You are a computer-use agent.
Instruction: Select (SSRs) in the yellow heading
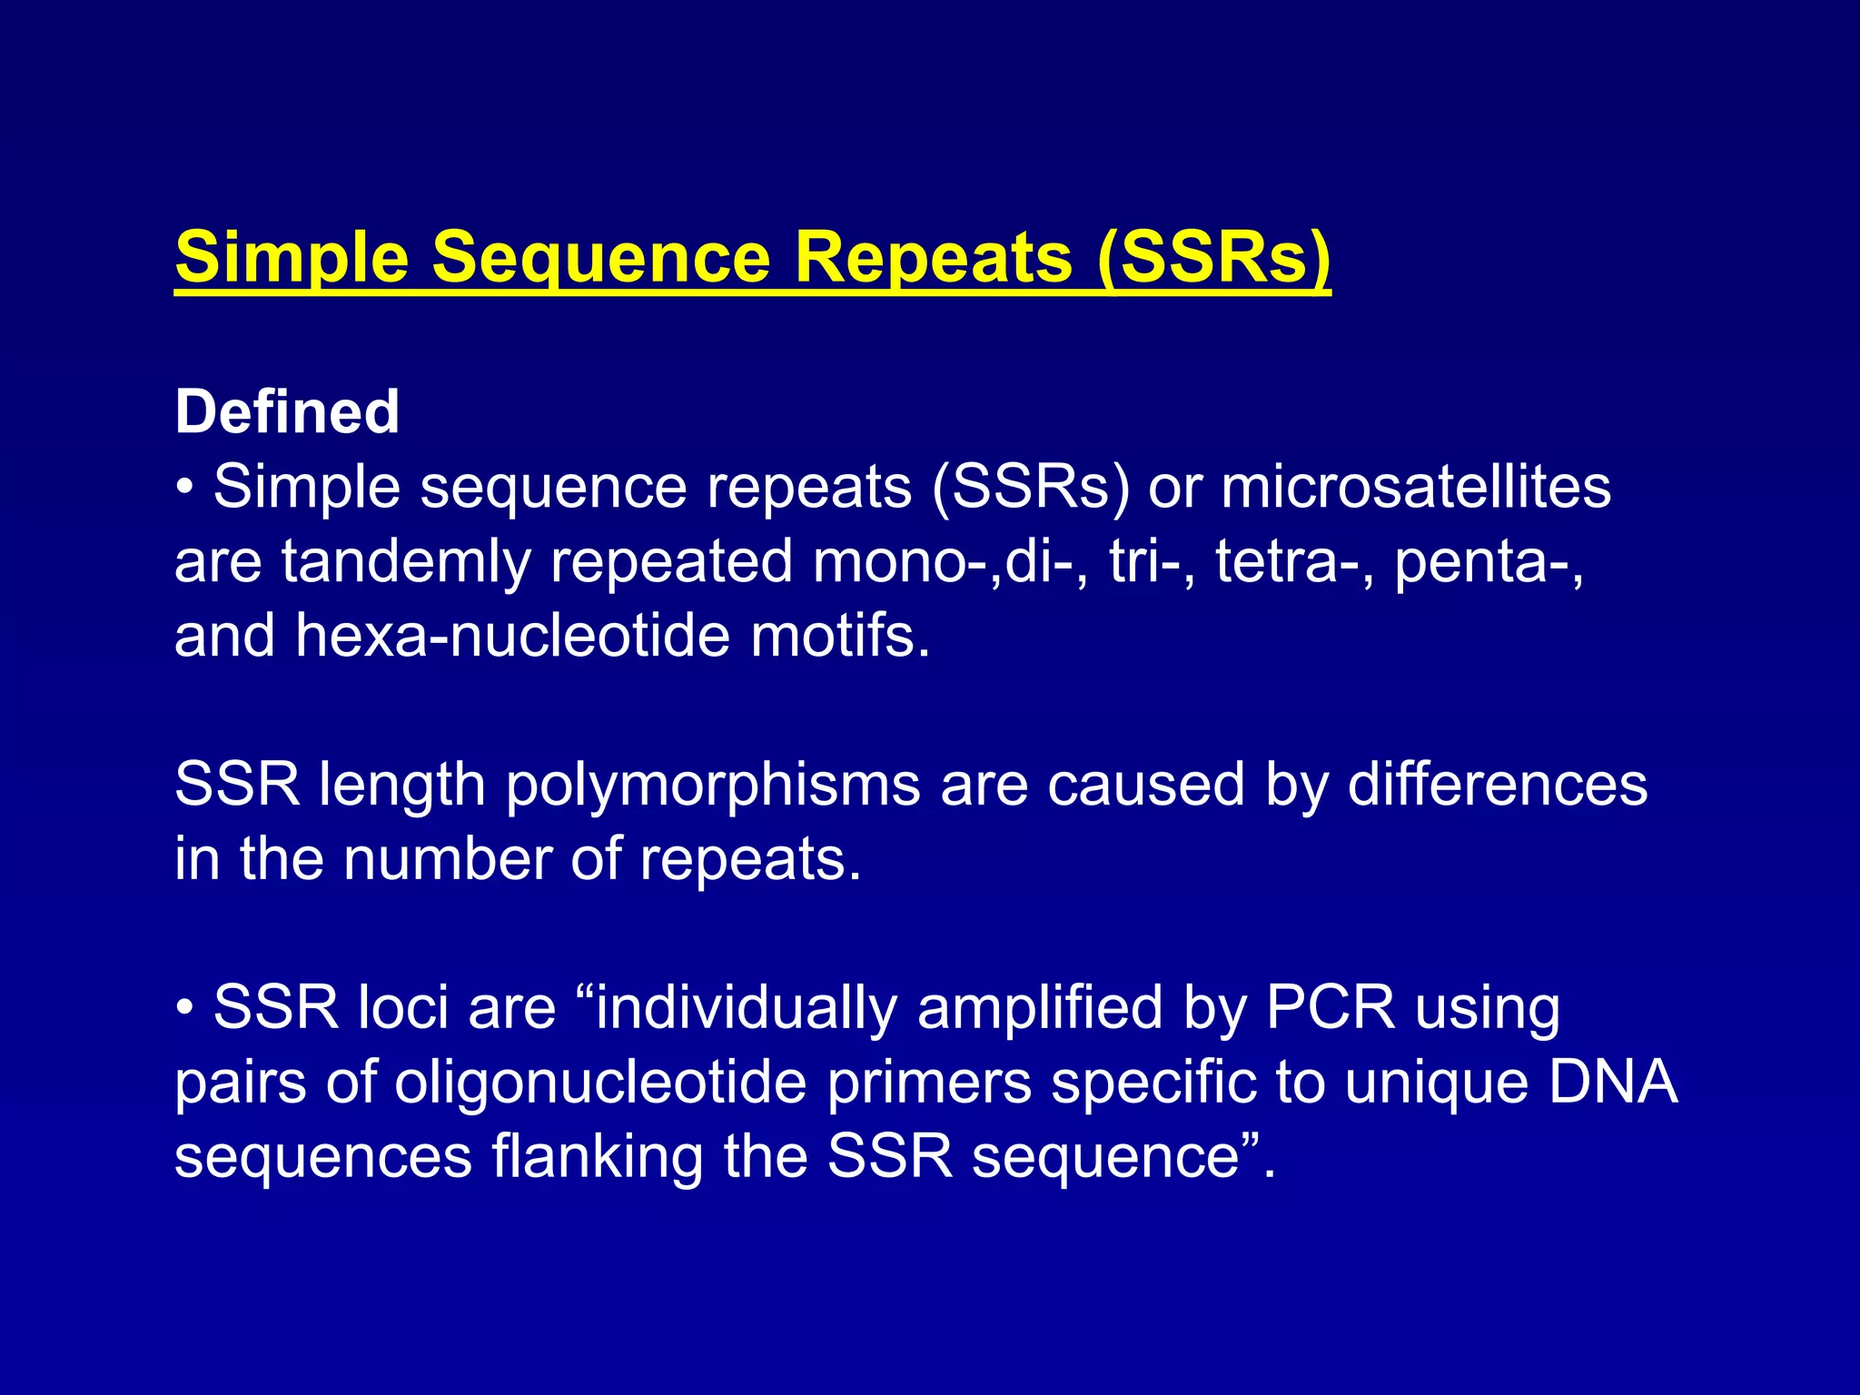point(1213,258)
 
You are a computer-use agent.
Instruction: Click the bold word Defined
point(287,412)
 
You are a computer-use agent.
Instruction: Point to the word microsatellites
point(1416,487)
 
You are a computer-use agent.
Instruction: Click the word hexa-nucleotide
point(513,636)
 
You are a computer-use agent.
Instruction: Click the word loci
point(403,1008)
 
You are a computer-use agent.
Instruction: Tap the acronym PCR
point(1330,1008)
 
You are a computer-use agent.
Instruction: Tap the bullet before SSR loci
point(185,1008)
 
